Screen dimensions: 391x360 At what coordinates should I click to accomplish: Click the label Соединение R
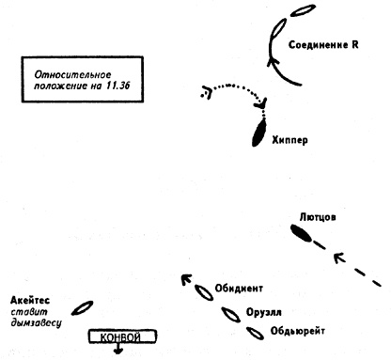point(323,45)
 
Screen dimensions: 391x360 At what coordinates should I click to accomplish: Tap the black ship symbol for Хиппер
point(259,133)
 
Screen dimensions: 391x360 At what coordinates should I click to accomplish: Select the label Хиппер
point(289,140)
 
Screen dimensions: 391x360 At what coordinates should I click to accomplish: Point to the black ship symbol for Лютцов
point(301,233)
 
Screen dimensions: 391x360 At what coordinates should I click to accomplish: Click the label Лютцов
point(318,217)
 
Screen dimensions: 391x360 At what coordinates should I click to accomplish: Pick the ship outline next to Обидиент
point(204,292)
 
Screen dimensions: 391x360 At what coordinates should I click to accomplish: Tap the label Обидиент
point(239,289)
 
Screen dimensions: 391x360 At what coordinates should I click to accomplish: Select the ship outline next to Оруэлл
point(231,315)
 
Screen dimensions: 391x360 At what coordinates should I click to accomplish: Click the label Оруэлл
point(263,312)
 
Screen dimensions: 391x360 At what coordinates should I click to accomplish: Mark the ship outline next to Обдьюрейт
point(255,334)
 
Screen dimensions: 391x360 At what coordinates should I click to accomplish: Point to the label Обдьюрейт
point(297,331)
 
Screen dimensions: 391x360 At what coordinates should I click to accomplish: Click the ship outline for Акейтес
point(82,308)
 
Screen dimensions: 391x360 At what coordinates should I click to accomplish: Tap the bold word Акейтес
point(30,301)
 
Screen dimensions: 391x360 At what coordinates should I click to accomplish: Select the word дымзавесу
point(36,323)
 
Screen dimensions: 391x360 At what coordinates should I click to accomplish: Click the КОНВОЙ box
point(123,337)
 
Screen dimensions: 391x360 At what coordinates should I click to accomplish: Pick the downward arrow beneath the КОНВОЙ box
point(118,349)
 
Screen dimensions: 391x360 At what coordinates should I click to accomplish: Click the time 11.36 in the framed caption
point(117,86)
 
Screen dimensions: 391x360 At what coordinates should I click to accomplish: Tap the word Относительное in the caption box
point(72,75)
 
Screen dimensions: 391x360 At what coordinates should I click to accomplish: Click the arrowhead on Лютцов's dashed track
point(339,258)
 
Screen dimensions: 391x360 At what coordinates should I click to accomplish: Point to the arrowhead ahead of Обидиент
point(186,279)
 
